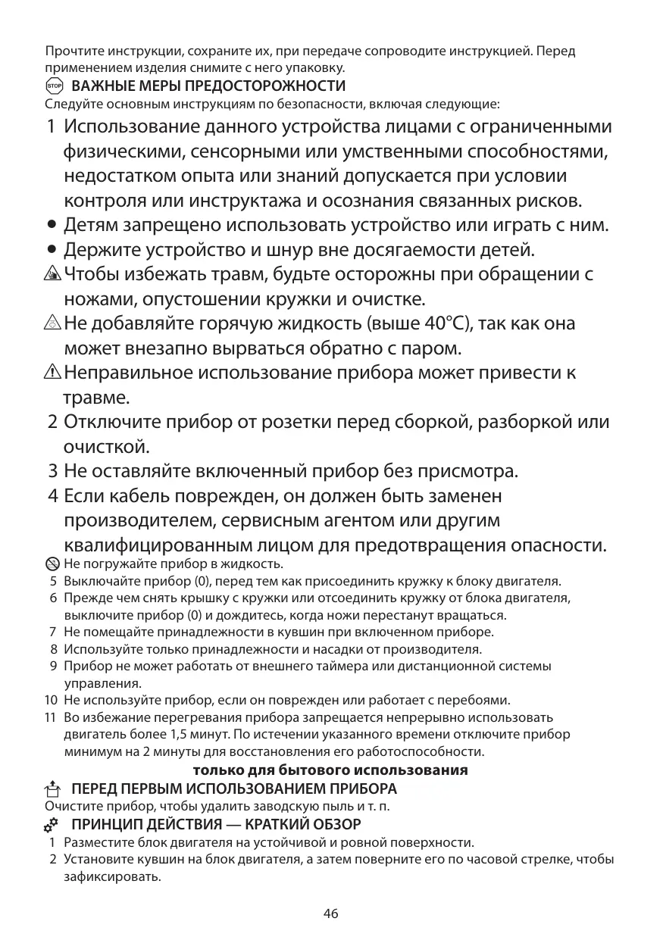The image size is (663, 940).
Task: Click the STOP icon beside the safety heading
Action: [x=53, y=86]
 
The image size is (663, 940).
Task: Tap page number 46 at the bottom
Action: [x=330, y=913]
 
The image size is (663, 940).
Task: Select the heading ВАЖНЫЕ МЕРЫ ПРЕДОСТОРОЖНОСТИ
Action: [x=208, y=86]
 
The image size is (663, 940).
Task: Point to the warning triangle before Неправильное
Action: [x=53, y=373]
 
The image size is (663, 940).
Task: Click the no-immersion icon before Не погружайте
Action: [x=52, y=564]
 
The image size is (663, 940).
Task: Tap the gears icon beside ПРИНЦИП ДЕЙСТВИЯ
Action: [x=52, y=823]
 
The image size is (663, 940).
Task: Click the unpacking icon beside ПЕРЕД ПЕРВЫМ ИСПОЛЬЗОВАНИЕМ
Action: [x=52, y=789]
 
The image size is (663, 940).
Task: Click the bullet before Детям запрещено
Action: [x=52, y=226]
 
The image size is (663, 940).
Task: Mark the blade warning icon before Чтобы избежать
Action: [x=53, y=274]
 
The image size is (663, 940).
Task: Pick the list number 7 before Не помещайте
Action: [x=53, y=632]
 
